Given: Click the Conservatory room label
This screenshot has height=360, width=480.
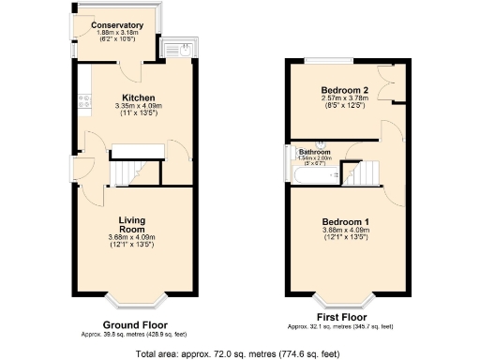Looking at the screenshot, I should tap(117, 25).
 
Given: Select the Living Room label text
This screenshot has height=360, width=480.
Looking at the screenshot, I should tap(131, 224).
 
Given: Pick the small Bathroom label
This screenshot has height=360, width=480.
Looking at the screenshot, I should tap(314, 152).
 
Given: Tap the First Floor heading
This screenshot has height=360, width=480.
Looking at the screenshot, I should tap(340, 318).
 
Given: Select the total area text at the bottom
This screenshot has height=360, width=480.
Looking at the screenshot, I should tap(237, 354).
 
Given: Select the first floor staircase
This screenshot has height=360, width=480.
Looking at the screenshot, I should tap(360, 172).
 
